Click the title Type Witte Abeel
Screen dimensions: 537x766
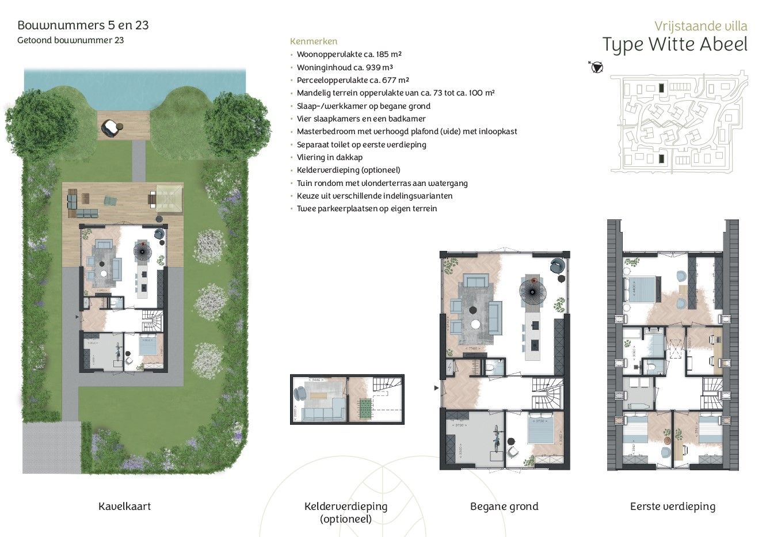click(674, 45)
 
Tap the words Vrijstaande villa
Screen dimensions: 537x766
click(700, 26)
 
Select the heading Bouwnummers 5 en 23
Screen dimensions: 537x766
click(83, 25)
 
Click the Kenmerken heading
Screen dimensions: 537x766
click(314, 41)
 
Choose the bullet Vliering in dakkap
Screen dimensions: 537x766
click(329, 157)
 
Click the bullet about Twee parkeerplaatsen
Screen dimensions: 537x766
click(367, 208)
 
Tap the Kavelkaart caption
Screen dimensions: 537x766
click(124, 506)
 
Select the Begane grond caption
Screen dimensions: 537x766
click(504, 506)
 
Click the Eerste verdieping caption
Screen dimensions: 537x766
click(672, 506)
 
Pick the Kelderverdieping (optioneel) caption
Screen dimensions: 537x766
click(345, 512)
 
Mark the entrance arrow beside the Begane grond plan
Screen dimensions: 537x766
click(436, 389)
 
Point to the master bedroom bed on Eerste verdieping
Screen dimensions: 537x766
click(643, 290)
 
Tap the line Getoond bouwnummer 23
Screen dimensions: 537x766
click(70, 40)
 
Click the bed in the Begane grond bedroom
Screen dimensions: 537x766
click(540, 431)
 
